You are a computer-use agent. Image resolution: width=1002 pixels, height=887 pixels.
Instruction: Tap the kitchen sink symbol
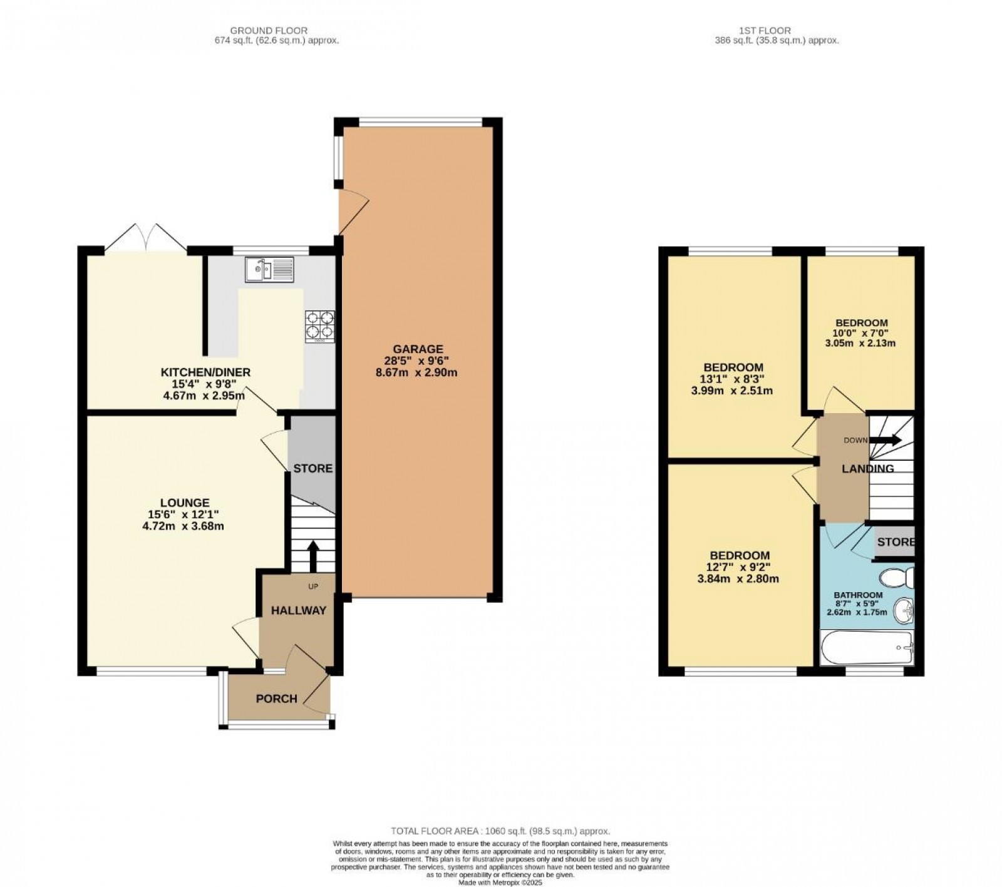[x=270, y=270]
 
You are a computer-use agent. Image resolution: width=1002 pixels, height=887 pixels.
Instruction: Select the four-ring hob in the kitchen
[x=319, y=326]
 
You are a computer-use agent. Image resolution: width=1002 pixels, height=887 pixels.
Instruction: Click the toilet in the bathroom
[x=896, y=577]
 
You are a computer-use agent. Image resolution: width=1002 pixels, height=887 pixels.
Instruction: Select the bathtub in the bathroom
[x=867, y=649]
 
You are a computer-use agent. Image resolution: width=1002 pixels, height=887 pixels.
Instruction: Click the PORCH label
[x=276, y=699]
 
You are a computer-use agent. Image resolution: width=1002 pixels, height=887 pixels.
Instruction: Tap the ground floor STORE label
[x=312, y=468]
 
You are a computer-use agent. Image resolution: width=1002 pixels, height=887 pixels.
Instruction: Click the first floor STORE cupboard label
[x=896, y=542]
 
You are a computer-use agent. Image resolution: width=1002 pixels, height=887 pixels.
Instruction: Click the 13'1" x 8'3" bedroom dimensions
[x=733, y=379]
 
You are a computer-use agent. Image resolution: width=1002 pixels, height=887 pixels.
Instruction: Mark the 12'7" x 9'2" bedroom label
[x=739, y=567]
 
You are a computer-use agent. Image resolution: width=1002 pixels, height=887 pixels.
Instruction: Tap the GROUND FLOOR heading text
[x=269, y=30]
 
